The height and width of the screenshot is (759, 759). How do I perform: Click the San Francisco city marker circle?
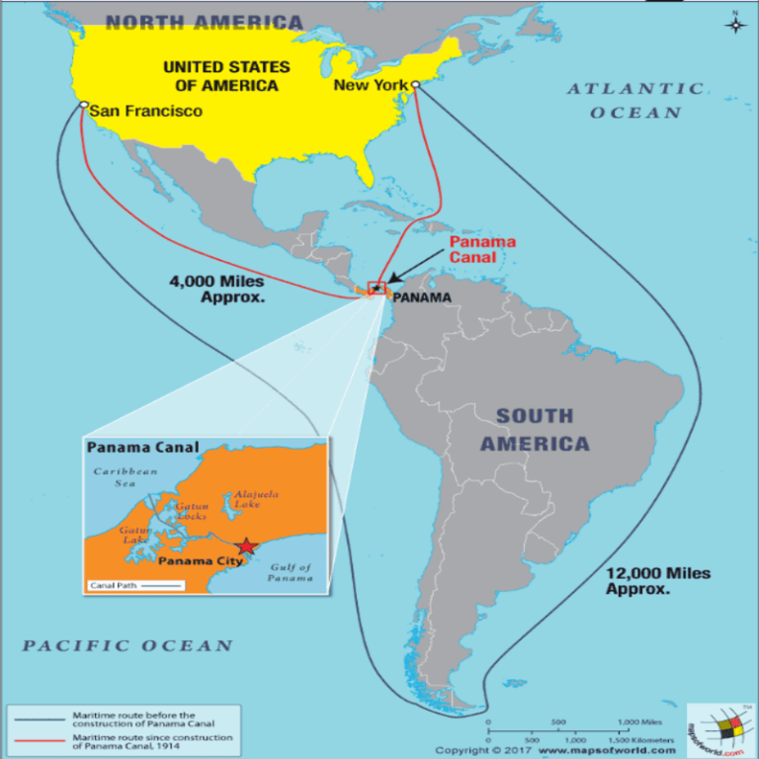tap(84, 105)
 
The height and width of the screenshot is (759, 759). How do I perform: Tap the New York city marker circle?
tap(416, 86)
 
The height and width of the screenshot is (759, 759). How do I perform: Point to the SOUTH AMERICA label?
tap(535, 430)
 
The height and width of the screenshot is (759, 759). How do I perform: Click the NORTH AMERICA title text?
tap(204, 22)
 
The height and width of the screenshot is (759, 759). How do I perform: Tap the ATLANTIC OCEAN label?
tap(635, 101)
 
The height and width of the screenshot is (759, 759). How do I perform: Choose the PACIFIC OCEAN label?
tap(128, 646)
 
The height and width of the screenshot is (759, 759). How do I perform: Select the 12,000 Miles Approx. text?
tap(657, 580)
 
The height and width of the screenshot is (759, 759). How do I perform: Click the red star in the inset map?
tap(246, 547)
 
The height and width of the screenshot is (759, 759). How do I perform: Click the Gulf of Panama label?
tap(290, 572)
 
